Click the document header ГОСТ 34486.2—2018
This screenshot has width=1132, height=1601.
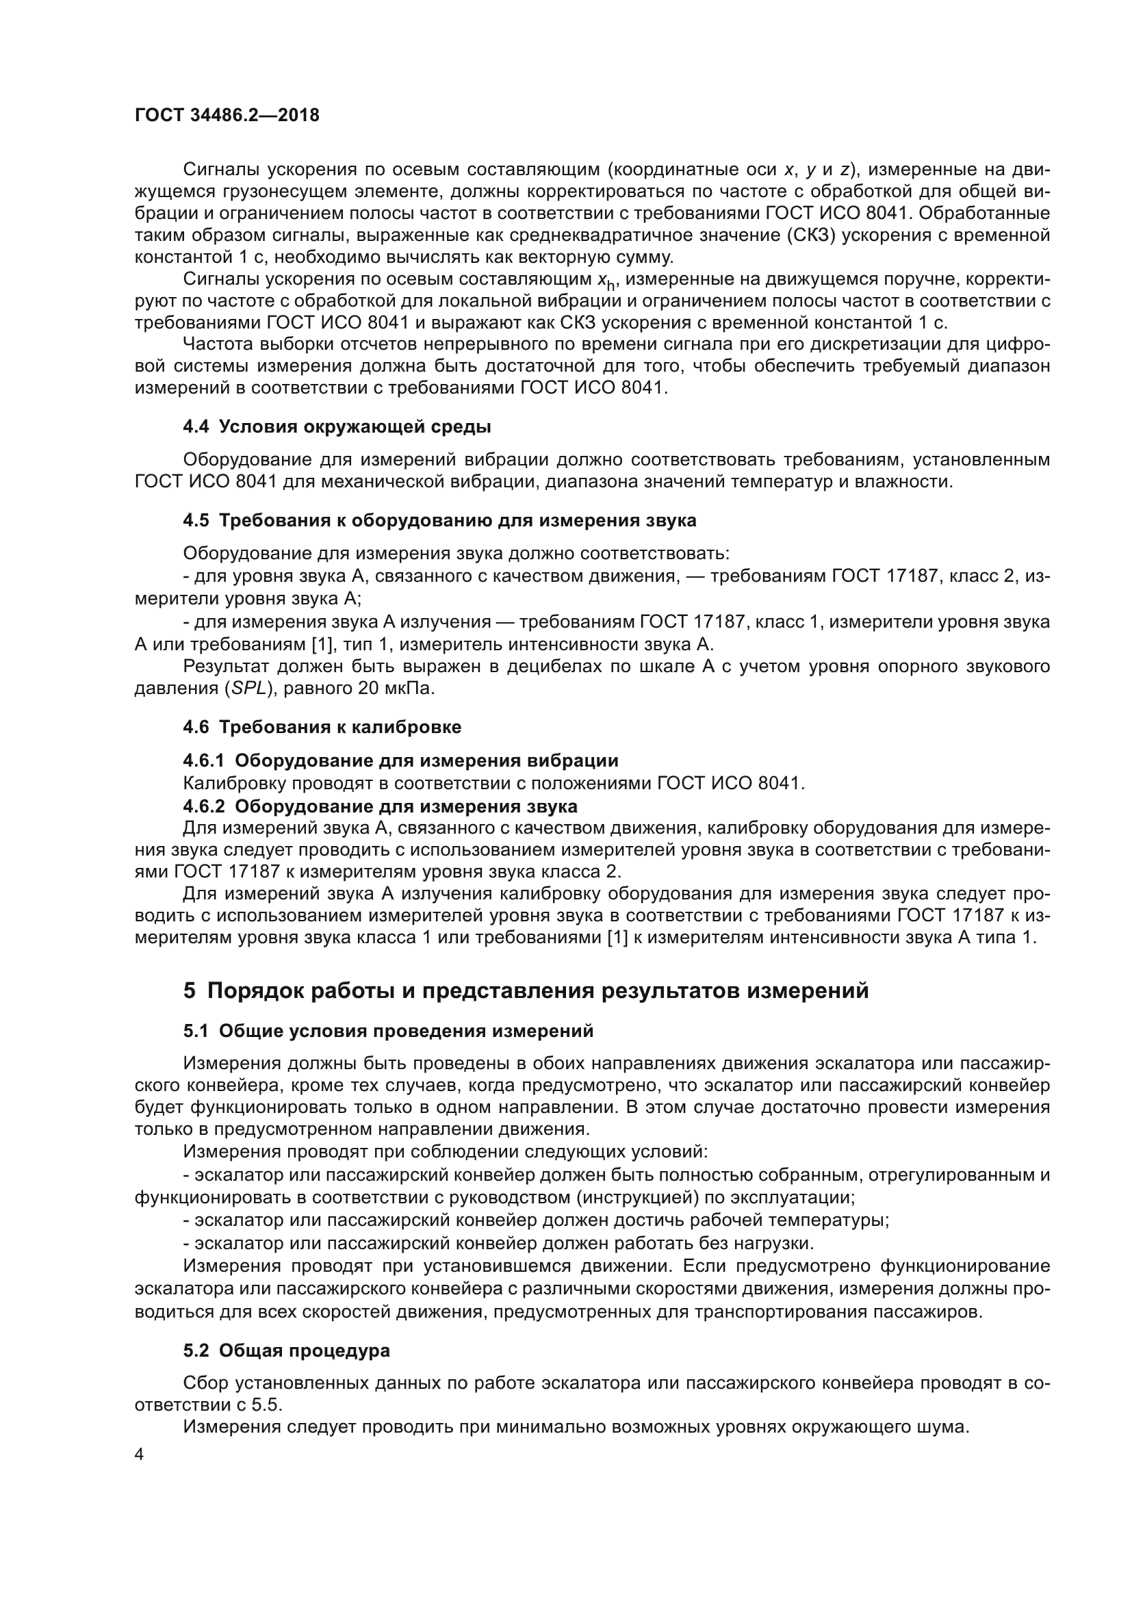[227, 116]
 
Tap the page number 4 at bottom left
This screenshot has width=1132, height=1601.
[140, 1455]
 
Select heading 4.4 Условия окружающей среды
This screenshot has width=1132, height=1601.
[337, 426]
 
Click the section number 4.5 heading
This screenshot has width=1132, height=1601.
[196, 521]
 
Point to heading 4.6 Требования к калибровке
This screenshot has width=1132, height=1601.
[322, 728]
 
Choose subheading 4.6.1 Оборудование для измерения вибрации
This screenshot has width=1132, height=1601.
[401, 760]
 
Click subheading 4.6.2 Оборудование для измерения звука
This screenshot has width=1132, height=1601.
[381, 806]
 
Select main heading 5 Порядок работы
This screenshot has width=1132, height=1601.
[526, 991]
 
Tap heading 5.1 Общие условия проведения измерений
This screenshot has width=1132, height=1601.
[388, 1032]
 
